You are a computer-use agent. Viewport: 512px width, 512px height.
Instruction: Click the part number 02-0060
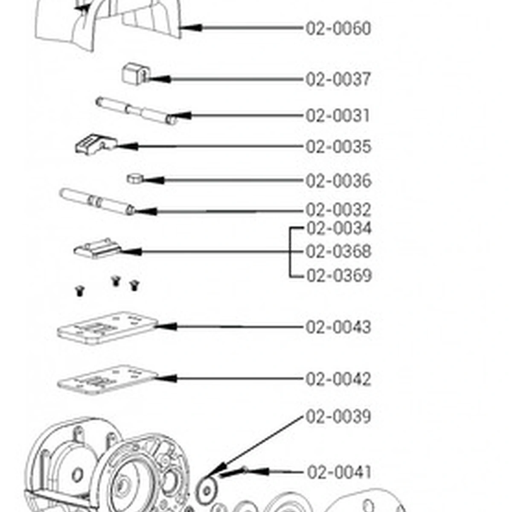pos(338,29)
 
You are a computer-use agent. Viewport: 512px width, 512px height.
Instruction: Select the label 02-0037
pos(338,79)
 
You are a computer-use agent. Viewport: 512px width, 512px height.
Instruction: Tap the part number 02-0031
pos(338,116)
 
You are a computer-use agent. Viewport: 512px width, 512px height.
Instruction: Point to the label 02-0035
pos(338,147)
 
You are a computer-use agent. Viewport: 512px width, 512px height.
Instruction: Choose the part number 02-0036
pos(338,181)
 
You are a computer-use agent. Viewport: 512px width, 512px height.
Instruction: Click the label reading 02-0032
pos(338,210)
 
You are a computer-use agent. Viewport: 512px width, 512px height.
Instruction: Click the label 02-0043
pos(338,327)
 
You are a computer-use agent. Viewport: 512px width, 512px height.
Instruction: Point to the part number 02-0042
pos(338,379)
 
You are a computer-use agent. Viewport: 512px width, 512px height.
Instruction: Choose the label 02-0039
pos(338,417)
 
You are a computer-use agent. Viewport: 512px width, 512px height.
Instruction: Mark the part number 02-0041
pos(339,472)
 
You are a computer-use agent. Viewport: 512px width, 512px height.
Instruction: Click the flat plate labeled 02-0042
pos(107,379)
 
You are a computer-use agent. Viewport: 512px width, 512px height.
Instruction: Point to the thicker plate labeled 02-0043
pos(107,328)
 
